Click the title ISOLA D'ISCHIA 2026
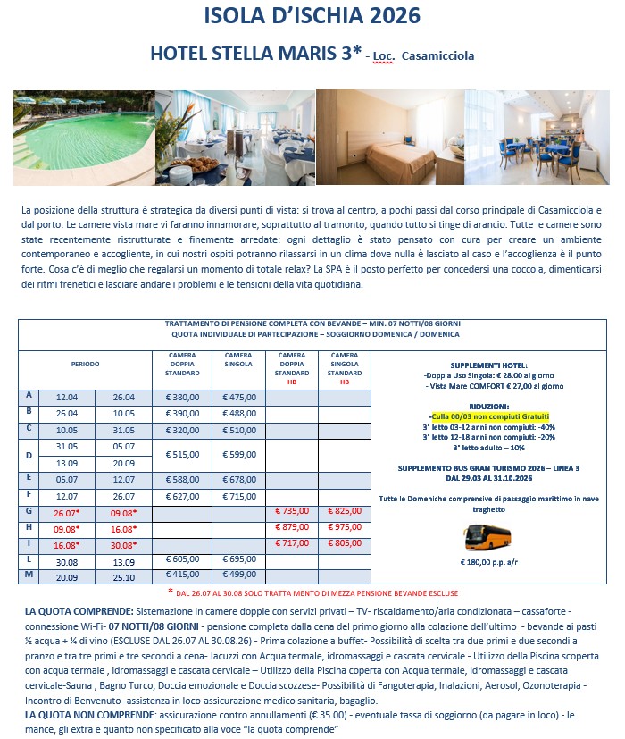(x=312, y=17)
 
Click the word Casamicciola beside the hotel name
(x=438, y=56)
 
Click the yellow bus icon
(x=487, y=536)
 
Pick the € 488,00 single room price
(x=239, y=414)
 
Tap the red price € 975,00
(x=344, y=527)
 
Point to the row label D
(x=29, y=455)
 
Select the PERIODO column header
(x=86, y=365)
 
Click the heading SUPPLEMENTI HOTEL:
(x=489, y=365)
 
